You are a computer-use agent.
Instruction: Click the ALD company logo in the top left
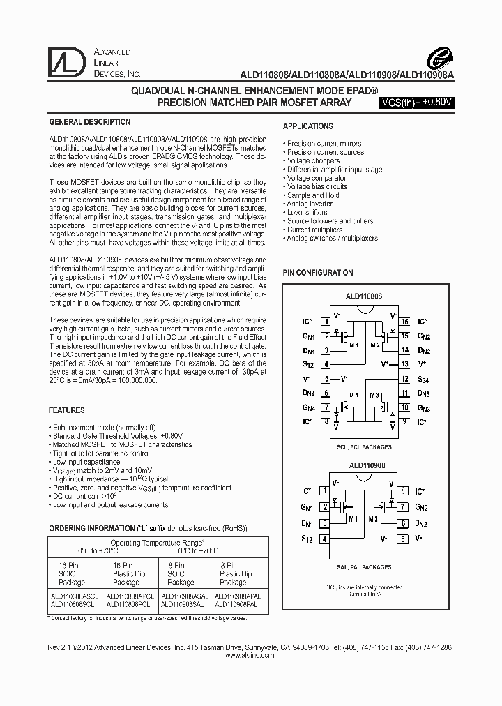pyautogui.click(x=67, y=63)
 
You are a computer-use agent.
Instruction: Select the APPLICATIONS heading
pyautogui.click(x=307, y=126)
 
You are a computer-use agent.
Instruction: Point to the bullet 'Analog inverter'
pyautogui.click(x=311, y=204)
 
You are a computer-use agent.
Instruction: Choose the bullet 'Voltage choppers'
pyautogui.click(x=315, y=161)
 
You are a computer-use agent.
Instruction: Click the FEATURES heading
pyautogui.click(x=68, y=410)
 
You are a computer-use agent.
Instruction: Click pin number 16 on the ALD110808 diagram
pyautogui.click(x=404, y=322)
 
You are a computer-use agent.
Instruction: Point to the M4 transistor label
pyautogui.click(x=353, y=395)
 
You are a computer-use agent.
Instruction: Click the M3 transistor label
pyautogui.click(x=374, y=395)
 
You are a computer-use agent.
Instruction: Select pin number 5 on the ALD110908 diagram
pyautogui.click(x=403, y=539)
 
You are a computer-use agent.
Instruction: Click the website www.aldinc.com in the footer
pyautogui.click(x=251, y=656)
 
